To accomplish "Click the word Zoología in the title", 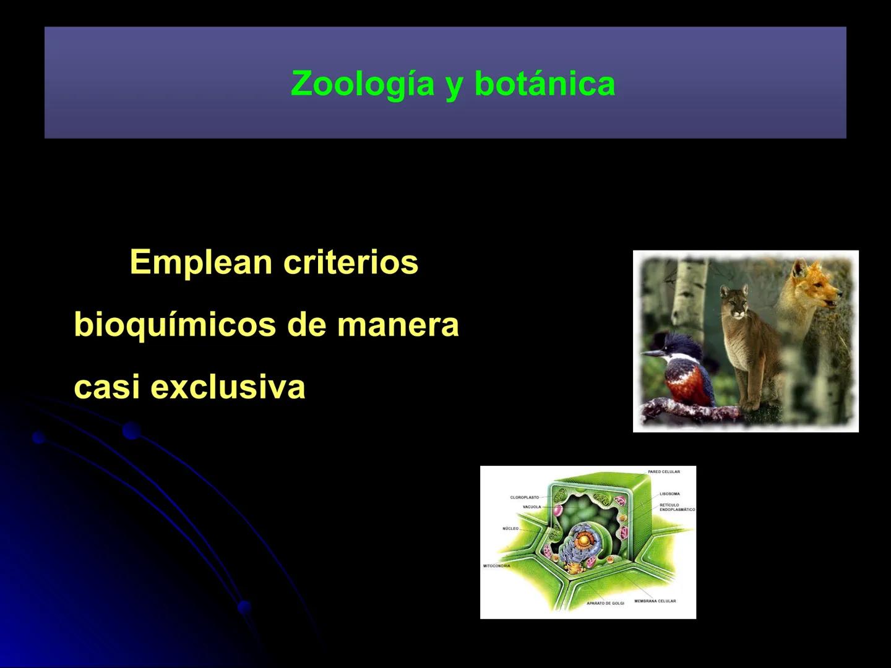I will pos(363,83).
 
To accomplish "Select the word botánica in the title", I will pos(544,83).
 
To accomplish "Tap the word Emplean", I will pos(201,262).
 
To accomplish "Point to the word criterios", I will pos(351,262).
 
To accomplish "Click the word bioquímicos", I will pos(174,325).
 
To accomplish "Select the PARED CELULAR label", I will pos(664,472).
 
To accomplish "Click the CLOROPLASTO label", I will pos(524,497).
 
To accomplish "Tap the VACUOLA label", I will pos(532,507).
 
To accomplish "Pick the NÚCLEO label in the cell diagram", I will pos(510,529).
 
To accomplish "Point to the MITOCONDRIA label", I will pos(496,566).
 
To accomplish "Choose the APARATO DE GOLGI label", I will pos(605,603).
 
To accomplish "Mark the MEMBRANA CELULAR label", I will pos(655,601).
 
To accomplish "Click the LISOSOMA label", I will pos(669,494).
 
